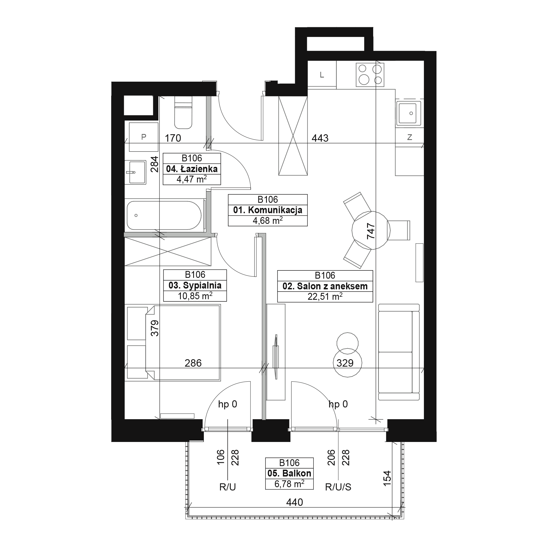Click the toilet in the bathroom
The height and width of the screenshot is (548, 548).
[183, 113]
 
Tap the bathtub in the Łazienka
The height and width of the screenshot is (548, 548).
[164, 216]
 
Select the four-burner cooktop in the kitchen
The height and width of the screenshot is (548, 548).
[370, 75]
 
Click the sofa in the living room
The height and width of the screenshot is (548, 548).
[399, 352]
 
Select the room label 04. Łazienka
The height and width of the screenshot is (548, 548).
[192, 169]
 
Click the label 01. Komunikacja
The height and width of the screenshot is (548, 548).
[268, 210]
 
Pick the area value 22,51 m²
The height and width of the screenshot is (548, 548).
[325, 297]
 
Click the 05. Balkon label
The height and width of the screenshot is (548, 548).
[289, 473]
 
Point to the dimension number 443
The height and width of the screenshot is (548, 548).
[320, 138]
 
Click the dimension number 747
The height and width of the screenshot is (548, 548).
[371, 231]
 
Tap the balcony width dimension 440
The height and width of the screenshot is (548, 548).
[295, 503]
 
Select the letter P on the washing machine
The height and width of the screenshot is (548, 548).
[144, 137]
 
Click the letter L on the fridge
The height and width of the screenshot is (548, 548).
[322, 75]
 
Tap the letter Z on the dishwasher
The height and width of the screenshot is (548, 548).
[409, 137]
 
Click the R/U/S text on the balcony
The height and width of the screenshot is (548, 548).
[338, 487]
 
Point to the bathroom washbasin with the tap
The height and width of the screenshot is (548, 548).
[136, 172]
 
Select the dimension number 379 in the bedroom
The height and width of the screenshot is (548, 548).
[155, 328]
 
